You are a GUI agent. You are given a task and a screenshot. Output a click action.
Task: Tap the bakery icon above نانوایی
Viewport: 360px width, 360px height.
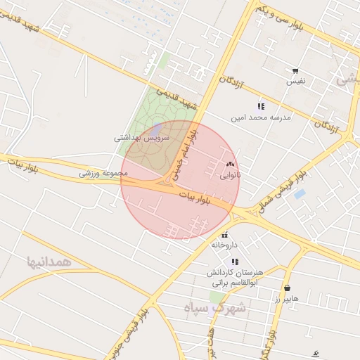pyautogui.click(x=230, y=163)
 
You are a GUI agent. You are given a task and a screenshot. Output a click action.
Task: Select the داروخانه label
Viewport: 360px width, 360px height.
pyautogui.click(x=225, y=245)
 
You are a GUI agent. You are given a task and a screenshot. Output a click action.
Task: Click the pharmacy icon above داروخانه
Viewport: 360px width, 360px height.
pyautogui.click(x=225, y=235)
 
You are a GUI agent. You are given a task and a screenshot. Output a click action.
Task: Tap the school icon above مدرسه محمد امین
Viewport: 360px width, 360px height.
pyautogui.click(x=261, y=106)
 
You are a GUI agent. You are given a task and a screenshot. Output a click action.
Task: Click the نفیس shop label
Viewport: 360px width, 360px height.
pyautogui.click(x=295, y=82)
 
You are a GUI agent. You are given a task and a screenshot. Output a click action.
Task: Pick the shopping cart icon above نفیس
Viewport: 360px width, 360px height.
pyautogui.click(x=295, y=71)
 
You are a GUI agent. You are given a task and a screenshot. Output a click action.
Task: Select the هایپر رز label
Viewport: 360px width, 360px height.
pyautogui.click(x=287, y=298)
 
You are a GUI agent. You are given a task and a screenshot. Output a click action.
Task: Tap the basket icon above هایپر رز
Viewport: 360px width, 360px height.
pyautogui.click(x=287, y=288)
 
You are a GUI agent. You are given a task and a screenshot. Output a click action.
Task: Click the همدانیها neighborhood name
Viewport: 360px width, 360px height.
pyautogui.click(x=49, y=262)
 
